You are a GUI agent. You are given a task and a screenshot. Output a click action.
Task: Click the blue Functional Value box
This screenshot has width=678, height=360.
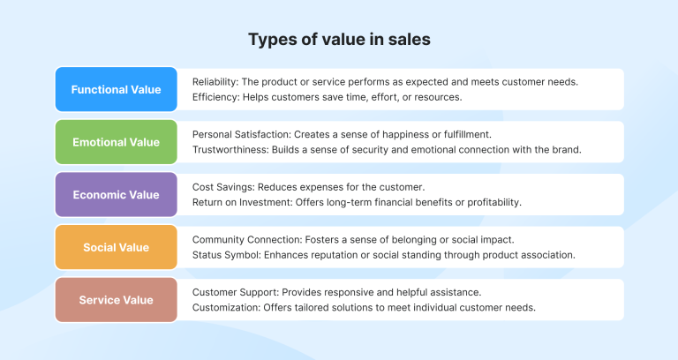116,89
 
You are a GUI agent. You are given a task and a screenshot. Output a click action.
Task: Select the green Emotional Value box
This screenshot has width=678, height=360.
116,142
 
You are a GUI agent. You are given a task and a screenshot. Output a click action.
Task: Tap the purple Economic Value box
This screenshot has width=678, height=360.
116,195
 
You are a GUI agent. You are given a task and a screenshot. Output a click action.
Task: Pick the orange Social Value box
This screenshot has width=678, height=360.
116,248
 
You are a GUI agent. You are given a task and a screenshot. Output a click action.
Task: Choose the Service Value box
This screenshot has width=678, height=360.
116,300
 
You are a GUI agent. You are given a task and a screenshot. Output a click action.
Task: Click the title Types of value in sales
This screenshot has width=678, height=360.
339,39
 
